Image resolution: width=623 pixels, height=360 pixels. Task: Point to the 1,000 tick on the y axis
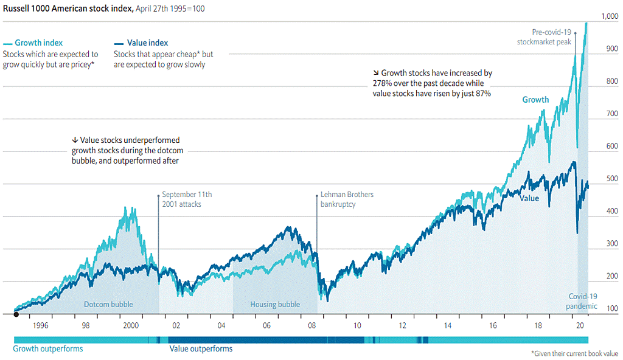609,16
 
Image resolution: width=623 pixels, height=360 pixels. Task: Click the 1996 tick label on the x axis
40,326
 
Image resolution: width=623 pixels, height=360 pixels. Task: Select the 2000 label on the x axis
131,326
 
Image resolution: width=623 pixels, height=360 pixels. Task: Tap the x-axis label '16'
493,326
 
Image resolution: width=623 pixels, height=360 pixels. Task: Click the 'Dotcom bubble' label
108,305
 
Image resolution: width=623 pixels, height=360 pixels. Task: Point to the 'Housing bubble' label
275,305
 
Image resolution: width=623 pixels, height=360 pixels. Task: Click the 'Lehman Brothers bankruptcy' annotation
347,199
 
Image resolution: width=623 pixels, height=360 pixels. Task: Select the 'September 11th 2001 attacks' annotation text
187,199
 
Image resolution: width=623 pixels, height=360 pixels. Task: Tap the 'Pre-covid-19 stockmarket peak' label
544,38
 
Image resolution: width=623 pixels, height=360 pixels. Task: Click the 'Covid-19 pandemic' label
583,301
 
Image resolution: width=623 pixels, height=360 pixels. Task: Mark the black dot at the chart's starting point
16,314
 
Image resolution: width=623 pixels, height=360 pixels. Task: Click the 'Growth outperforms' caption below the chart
48,349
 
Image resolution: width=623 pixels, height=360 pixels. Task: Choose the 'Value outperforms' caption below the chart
200,349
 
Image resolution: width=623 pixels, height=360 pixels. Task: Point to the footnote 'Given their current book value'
574,353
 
